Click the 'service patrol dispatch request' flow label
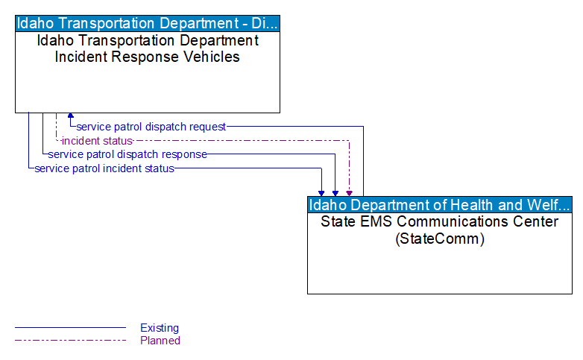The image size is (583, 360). pyautogui.click(x=151, y=127)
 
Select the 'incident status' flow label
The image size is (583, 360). pyautogui.click(x=97, y=141)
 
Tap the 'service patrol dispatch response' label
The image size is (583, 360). pyautogui.click(x=127, y=154)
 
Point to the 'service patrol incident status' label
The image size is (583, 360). pyautogui.click(x=104, y=168)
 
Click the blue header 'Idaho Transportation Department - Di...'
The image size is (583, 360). pyautogui.click(x=148, y=23)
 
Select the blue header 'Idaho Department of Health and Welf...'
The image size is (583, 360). pyautogui.click(x=440, y=205)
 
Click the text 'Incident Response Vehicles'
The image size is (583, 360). pyautogui.click(x=148, y=57)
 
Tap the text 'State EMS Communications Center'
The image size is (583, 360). pyautogui.click(x=440, y=221)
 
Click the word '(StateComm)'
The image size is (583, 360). pyautogui.click(x=440, y=239)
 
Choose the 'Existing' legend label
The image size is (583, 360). pyautogui.click(x=160, y=328)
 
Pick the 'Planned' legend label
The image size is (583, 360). pyautogui.click(x=160, y=341)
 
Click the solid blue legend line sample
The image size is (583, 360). pyautogui.click(x=70, y=328)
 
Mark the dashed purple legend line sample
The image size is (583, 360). pyautogui.click(x=70, y=341)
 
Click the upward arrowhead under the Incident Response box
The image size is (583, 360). pyautogui.click(x=71, y=116)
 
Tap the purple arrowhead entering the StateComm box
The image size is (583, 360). pyautogui.click(x=349, y=192)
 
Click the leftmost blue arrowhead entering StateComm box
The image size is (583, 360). pyautogui.click(x=322, y=192)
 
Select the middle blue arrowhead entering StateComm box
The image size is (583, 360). pyautogui.click(x=335, y=192)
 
